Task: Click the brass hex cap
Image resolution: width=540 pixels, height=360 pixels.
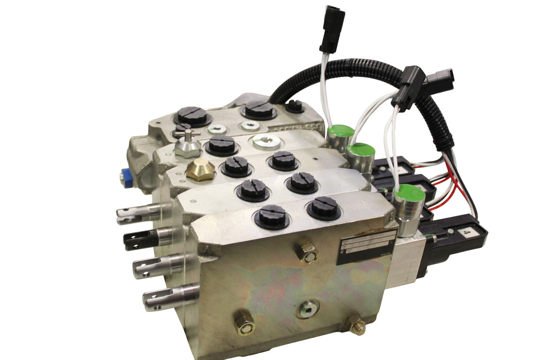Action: pyautogui.click(x=200, y=170)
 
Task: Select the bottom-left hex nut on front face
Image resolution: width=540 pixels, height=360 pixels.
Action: pyautogui.click(x=244, y=323)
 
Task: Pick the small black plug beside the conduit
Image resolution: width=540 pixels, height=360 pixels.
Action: pyautogui.click(x=294, y=106)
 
